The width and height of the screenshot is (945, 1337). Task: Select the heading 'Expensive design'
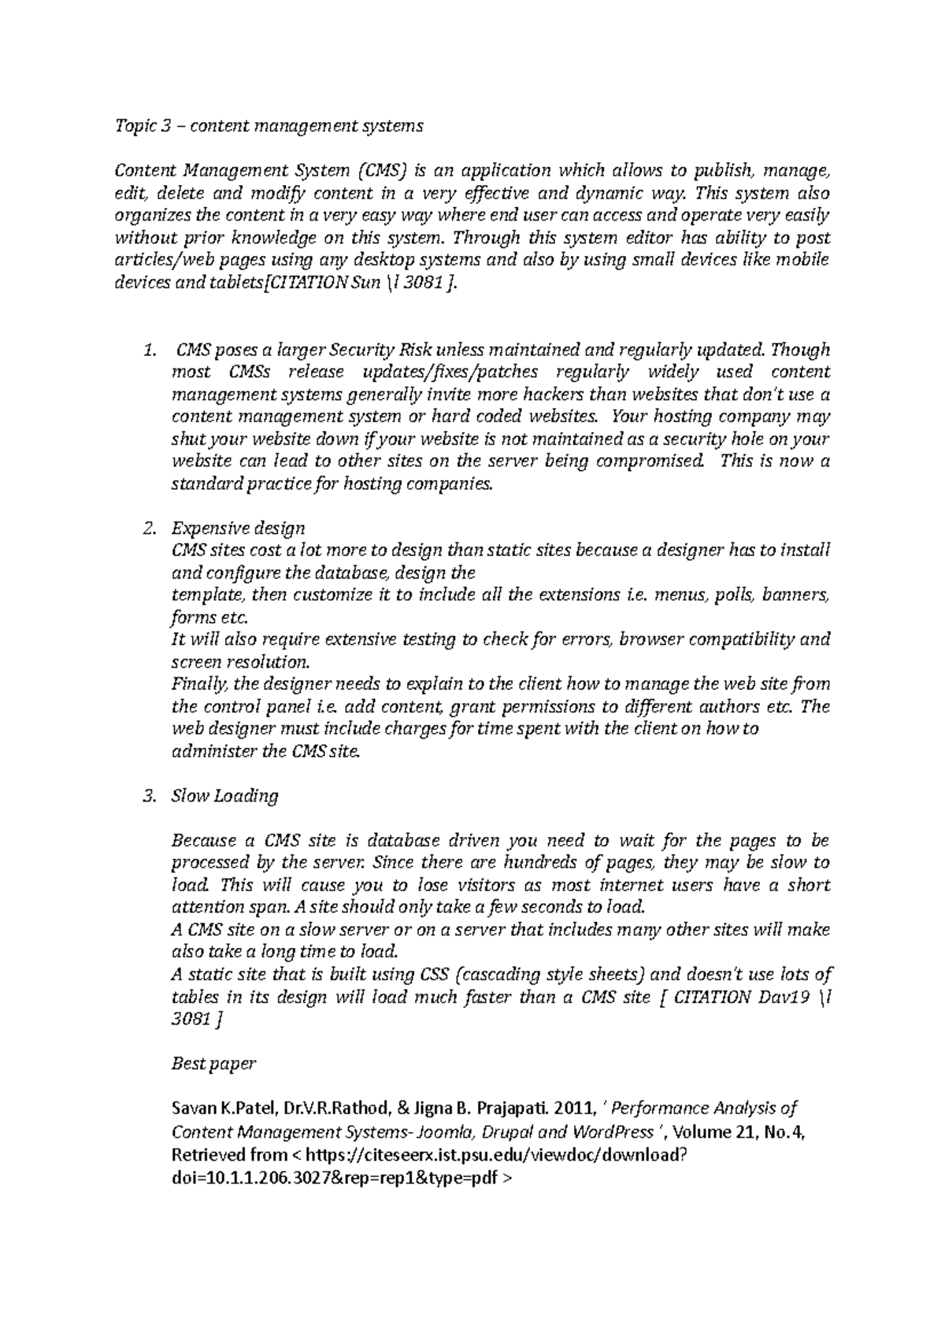(238, 528)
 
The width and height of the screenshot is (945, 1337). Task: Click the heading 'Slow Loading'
(224, 796)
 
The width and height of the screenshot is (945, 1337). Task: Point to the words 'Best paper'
(213, 1064)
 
